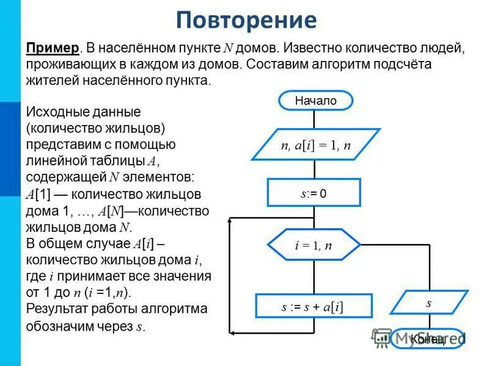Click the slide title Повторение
coord(246,20)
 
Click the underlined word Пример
coord(53,49)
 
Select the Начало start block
coord(315,101)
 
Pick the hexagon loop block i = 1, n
coord(314,246)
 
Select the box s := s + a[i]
coord(313,307)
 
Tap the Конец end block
coord(427,339)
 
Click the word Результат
coord(57,309)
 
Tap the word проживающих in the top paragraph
coord(64,65)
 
